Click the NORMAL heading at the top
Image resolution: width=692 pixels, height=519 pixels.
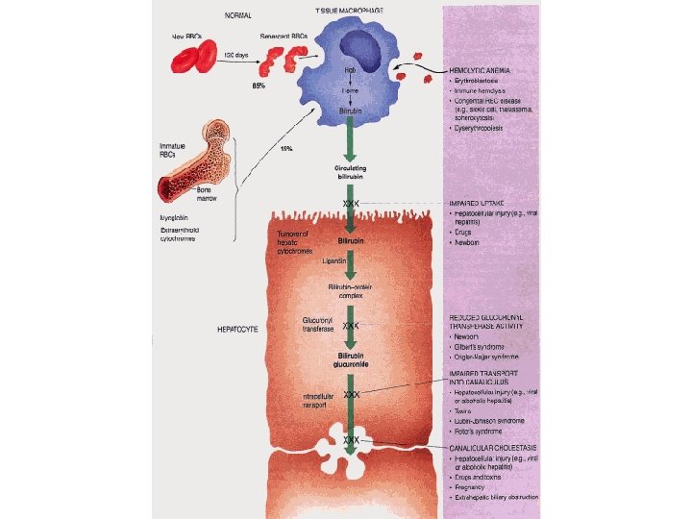pyautogui.click(x=239, y=14)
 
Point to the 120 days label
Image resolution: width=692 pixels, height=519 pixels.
pyautogui.click(x=236, y=55)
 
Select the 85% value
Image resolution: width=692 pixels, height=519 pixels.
pyautogui.click(x=259, y=86)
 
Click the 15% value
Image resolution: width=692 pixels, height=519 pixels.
pyautogui.click(x=285, y=149)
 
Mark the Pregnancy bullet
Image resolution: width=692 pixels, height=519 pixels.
pyautogui.click(x=475, y=486)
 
